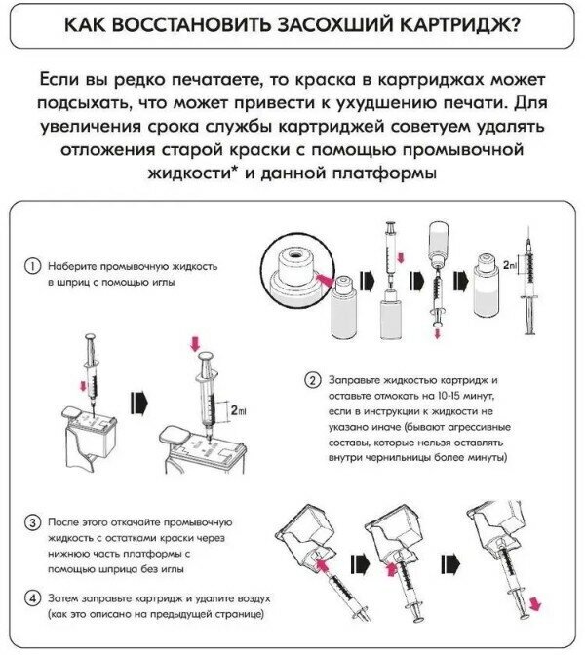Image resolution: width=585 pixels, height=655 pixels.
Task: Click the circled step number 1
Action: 32,266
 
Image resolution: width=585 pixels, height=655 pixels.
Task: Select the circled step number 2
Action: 312,379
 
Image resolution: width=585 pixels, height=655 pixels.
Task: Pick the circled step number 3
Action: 32,523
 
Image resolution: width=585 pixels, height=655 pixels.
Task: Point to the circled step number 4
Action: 32,597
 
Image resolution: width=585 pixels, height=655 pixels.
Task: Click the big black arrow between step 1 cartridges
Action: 138,401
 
